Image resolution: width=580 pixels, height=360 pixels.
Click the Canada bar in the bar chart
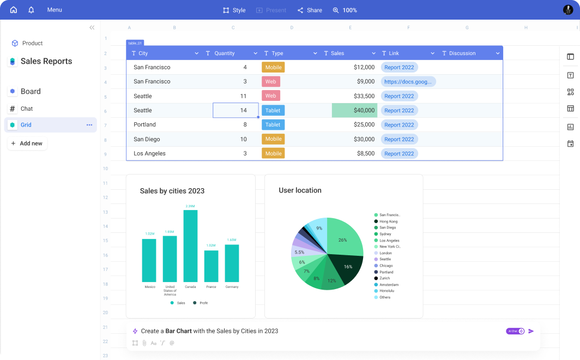coord(190,245)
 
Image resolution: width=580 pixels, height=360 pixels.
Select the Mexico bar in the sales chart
coord(149,260)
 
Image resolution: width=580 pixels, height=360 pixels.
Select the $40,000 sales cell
coord(354,110)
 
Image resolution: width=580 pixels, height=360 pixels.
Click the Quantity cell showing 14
coord(235,110)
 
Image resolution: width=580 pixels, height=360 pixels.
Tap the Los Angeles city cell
coord(149,153)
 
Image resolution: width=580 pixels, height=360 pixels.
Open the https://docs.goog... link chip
coord(408,82)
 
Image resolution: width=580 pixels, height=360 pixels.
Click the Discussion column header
coord(462,53)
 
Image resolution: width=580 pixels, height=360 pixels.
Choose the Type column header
coord(277,53)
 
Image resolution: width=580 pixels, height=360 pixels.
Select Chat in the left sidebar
coord(27,109)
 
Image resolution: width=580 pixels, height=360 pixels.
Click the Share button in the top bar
coord(310,10)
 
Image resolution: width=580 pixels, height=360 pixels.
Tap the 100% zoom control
coord(345,10)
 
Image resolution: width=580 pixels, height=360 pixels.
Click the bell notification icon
coord(31,10)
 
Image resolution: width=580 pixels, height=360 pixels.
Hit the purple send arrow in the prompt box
coord(531,331)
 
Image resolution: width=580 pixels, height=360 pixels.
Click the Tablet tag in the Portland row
coord(273,124)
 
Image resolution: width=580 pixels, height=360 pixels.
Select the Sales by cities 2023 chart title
coord(172,191)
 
